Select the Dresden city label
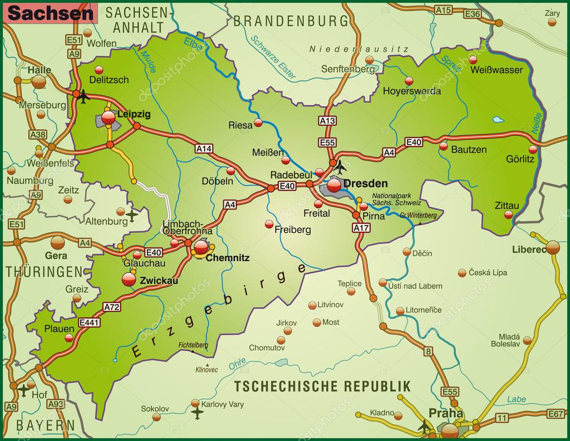tap(366, 183)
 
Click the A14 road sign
tap(204, 148)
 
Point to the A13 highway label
tap(327, 120)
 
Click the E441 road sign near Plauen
tap(89, 322)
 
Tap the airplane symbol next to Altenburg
tap(132, 214)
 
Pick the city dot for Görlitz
tap(533, 149)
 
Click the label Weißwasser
tap(497, 70)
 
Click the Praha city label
tap(446, 413)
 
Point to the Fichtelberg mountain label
tap(193, 345)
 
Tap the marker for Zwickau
tap(129, 280)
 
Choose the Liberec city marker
tap(553, 247)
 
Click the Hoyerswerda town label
tap(412, 91)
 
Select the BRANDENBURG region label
tap(291, 21)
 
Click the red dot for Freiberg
tap(269, 224)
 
